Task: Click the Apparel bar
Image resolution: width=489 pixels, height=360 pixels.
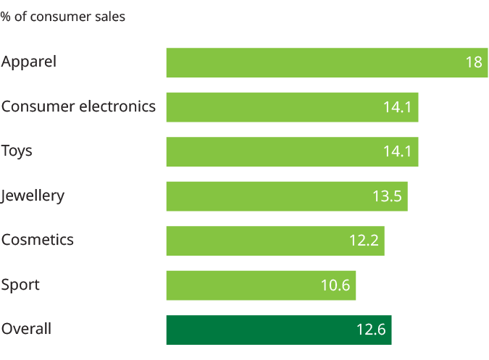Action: pyautogui.click(x=326, y=62)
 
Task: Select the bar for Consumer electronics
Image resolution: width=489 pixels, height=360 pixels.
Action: pyautogui.click(x=292, y=107)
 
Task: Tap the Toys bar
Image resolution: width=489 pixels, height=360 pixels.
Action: pyautogui.click(x=292, y=151)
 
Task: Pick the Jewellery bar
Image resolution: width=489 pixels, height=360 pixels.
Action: pyautogui.click(x=286, y=196)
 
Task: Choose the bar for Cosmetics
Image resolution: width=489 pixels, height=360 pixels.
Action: pyautogui.click(x=275, y=240)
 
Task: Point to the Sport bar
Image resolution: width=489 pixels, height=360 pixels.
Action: pyautogui.click(x=261, y=285)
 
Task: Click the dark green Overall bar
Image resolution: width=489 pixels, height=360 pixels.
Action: pyautogui.click(x=279, y=330)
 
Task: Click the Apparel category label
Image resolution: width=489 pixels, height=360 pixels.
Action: pyautogui.click(x=29, y=62)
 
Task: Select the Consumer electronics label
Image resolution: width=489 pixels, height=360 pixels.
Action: pyautogui.click(x=78, y=107)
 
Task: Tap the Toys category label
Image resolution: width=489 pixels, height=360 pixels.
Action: pyautogui.click(x=17, y=151)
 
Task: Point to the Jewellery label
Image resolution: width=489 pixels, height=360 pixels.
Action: pyautogui.click(x=33, y=196)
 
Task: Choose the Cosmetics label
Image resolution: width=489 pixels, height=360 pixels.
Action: pyautogui.click(x=38, y=240)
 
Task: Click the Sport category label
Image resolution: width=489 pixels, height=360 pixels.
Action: pyautogui.click(x=20, y=285)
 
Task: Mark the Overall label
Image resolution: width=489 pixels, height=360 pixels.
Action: pyautogui.click(x=27, y=330)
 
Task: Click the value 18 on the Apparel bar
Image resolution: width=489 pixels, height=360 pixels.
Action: pyautogui.click(x=474, y=63)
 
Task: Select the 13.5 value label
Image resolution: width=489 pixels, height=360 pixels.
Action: pyautogui.click(x=386, y=197)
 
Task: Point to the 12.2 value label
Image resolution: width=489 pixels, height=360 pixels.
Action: pyautogui.click(x=364, y=241)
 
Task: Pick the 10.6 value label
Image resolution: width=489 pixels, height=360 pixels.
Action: pyautogui.click(x=335, y=286)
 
